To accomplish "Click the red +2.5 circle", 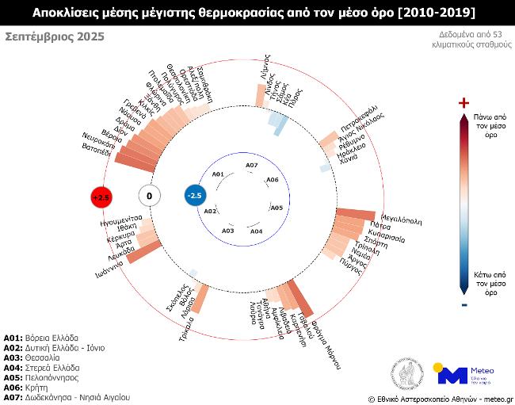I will pyautogui.click(x=101, y=196).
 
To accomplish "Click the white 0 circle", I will pyautogui.click(x=149, y=196).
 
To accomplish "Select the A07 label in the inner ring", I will pyautogui.click(x=251, y=165).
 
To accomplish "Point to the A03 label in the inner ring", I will pyautogui.click(x=228, y=230).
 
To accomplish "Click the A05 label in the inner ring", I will pyautogui.click(x=277, y=208).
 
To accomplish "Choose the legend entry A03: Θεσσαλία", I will pyautogui.click(x=39, y=357).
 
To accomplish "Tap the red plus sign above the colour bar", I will pyautogui.click(x=464, y=103).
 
